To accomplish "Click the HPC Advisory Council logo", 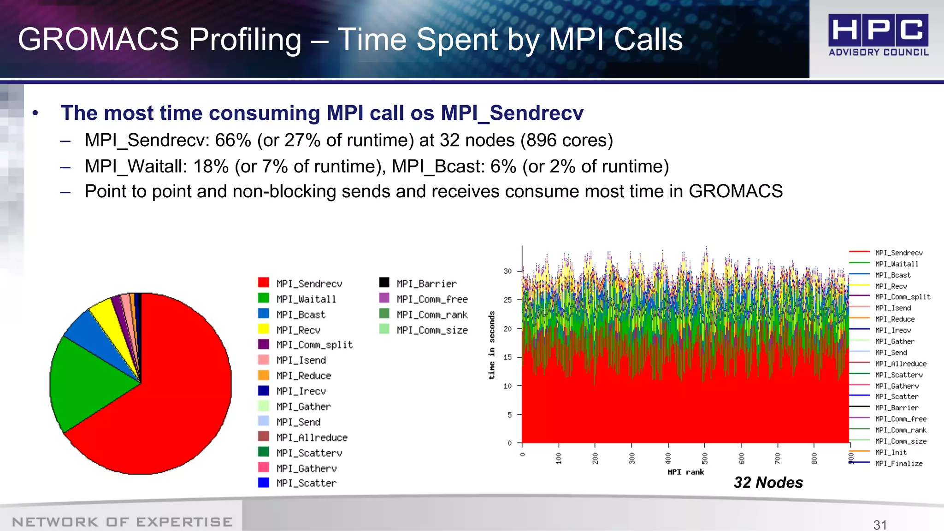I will tap(878, 35).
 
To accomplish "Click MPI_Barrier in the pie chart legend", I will tap(426, 283).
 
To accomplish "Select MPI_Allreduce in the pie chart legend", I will tap(312, 437).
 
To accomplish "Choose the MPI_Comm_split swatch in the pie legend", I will tap(264, 344).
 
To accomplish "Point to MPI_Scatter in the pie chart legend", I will tap(306, 483).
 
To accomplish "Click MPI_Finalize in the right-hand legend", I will tap(898, 464).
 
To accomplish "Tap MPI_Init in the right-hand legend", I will tap(891, 452).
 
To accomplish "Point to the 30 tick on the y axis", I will tap(507, 271).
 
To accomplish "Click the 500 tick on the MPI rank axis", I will tap(704, 458).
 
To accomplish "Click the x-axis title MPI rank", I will tap(685, 472).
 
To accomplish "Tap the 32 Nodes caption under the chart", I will tap(768, 483).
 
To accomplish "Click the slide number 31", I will tap(880, 525).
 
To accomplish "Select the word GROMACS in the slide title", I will tap(98, 39).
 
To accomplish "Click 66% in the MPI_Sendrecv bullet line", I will tap(233, 140).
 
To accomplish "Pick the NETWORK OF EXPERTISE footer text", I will tap(122, 522).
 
